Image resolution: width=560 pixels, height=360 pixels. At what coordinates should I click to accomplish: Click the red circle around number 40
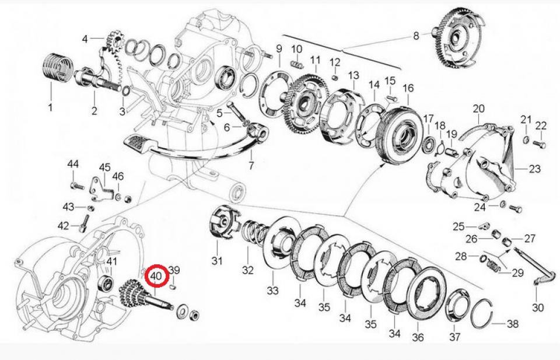(156, 275)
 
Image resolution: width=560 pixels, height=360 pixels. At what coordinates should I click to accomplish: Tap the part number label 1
(50, 107)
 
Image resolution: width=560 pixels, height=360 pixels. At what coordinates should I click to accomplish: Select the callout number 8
(416, 36)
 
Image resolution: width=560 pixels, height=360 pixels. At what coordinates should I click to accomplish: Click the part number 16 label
(408, 88)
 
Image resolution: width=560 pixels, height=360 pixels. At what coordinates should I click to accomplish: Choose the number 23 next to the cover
(535, 169)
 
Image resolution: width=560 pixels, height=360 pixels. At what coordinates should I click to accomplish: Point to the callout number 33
(273, 290)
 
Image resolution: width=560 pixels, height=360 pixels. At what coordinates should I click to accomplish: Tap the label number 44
(72, 165)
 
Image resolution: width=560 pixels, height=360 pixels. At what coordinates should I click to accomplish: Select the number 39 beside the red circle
(174, 270)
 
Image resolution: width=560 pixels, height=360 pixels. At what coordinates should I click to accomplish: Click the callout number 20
(478, 109)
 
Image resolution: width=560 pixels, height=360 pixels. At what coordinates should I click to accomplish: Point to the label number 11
(316, 60)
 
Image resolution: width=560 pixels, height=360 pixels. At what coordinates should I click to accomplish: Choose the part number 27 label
(529, 238)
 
